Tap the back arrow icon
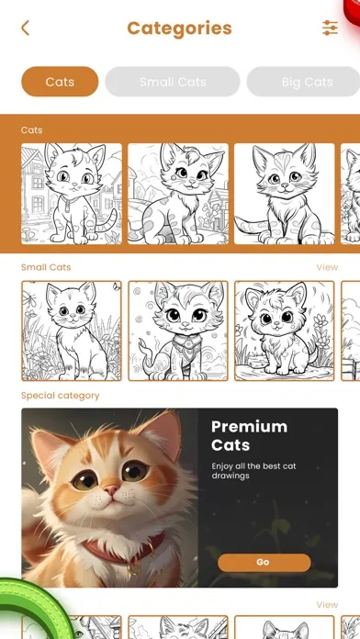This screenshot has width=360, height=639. click(25, 28)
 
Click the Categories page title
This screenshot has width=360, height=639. click(179, 28)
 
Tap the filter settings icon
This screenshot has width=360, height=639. click(330, 28)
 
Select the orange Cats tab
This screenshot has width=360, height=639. click(60, 82)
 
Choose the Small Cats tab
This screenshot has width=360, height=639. click(173, 82)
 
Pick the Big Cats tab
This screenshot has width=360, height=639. click(306, 82)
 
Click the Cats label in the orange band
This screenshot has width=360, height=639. click(32, 130)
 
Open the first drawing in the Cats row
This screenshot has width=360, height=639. click(72, 194)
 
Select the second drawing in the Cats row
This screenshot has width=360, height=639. click(178, 194)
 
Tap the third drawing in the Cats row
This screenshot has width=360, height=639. click(284, 194)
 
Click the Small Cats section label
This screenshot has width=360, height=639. click(46, 267)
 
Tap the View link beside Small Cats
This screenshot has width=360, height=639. click(327, 267)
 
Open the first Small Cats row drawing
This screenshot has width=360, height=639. click(72, 331)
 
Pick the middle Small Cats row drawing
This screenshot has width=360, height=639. click(178, 331)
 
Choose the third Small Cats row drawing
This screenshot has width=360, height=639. click(284, 331)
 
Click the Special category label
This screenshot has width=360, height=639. click(61, 396)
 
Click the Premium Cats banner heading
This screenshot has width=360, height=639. click(249, 435)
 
